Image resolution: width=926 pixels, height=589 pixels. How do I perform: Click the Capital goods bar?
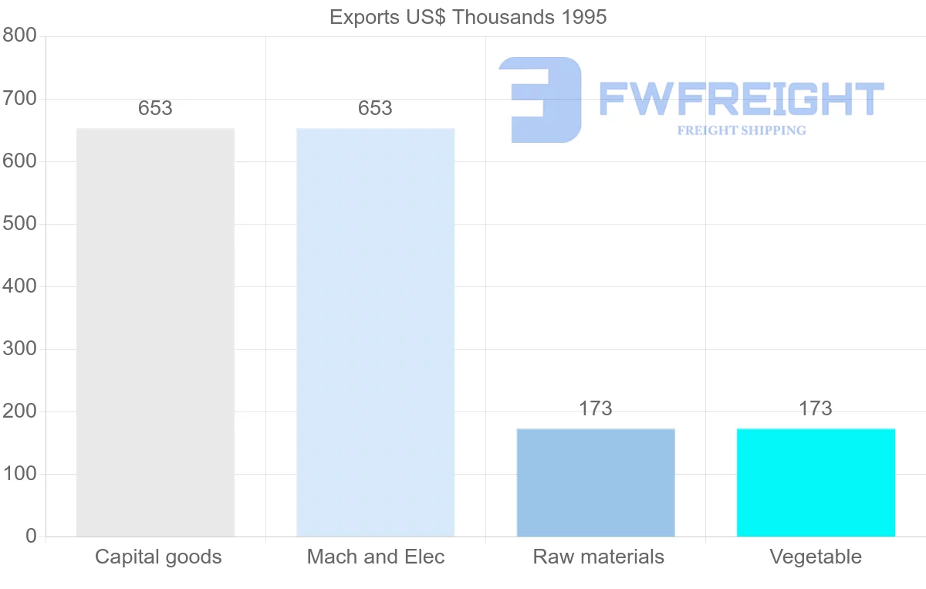pyautogui.click(x=155, y=332)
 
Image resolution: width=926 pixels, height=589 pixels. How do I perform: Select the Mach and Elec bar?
pyautogui.click(x=375, y=332)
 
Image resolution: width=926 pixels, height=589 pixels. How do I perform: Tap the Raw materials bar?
pyautogui.click(x=595, y=482)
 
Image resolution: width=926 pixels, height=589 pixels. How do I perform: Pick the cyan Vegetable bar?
pyautogui.click(x=816, y=482)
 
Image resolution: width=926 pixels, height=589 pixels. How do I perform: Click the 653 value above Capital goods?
pyautogui.click(x=155, y=109)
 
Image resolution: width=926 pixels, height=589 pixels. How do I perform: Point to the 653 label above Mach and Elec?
pyautogui.click(x=375, y=109)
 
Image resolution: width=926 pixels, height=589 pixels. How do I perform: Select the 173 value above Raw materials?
pyautogui.click(x=595, y=408)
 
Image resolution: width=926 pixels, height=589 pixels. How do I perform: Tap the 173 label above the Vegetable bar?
pyautogui.click(x=816, y=408)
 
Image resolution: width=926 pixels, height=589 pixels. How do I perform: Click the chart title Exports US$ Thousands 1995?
pyautogui.click(x=468, y=17)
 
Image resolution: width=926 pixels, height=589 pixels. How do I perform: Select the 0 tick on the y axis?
pyautogui.click(x=31, y=536)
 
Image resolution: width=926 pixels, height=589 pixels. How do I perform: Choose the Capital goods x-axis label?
pyautogui.click(x=158, y=557)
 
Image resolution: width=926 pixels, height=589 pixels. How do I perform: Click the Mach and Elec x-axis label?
pyautogui.click(x=376, y=557)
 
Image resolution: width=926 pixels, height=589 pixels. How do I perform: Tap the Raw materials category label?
pyautogui.click(x=598, y=557)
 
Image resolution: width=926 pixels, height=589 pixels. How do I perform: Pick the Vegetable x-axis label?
pyautogui.click(x=816, y=557)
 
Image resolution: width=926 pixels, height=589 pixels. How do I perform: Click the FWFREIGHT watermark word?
pyautogui.click(x=741, y=99)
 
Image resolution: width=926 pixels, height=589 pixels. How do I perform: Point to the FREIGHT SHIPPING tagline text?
pyautogui.click(x=741, y=130)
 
